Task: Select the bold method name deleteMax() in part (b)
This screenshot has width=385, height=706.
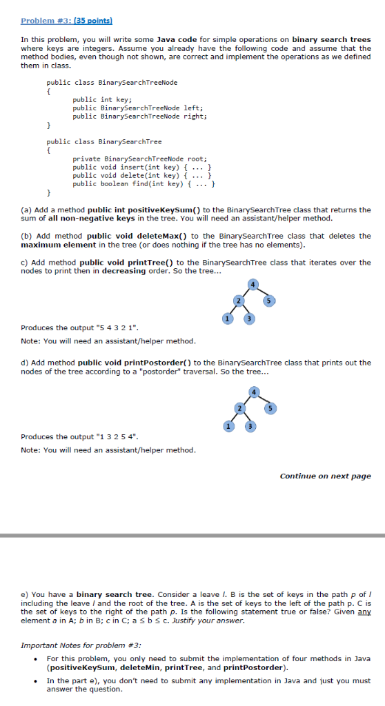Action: (148, 236)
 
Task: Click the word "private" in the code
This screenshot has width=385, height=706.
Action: (86, 159)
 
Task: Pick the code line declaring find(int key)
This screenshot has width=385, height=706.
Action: (145, 183)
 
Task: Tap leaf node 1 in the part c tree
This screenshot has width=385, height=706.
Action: (225, 317)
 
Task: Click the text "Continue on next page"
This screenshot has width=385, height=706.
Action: (325, 476)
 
